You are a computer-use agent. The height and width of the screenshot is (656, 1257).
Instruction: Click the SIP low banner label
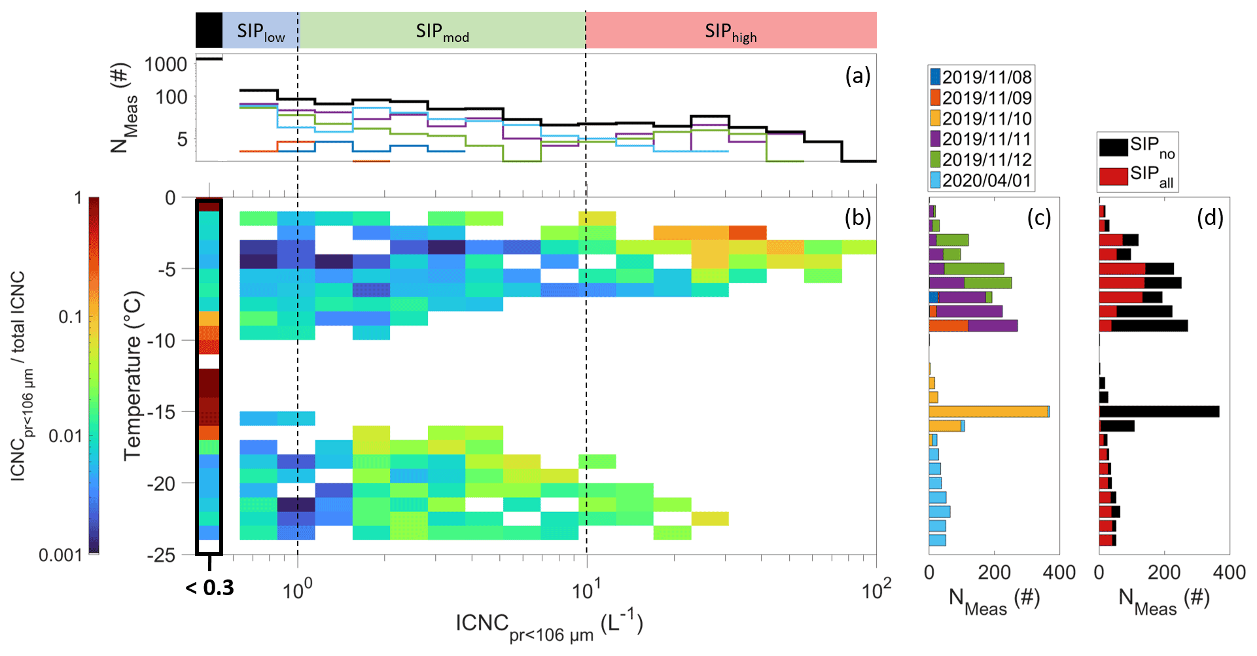coord(260,31)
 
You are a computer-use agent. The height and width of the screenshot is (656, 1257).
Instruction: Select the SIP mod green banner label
coord(442,31)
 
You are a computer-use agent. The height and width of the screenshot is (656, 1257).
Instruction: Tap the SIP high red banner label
coord(730,31)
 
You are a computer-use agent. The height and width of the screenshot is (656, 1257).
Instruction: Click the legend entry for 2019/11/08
coord(980,77)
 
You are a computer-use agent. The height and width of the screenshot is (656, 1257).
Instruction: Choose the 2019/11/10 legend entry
coord(980,118)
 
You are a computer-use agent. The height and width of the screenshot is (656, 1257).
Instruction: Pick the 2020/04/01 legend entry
coord(980,181)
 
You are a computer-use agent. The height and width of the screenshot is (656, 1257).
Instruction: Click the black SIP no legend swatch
coord(1112,147)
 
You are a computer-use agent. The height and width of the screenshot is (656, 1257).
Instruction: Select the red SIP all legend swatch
coord(1112,176)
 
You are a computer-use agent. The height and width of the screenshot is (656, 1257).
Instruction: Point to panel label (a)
coord(858,76)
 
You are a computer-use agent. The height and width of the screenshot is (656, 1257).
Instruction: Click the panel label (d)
coord(1210,218)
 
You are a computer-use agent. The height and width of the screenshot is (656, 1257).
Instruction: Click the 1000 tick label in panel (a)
coord(166,64)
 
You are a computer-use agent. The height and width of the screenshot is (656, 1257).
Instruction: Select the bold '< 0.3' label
coord(209,588)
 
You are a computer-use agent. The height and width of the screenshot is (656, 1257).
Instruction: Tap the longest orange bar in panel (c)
coord(988,411)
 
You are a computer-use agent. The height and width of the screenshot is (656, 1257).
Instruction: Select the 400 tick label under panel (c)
coord(1059,573)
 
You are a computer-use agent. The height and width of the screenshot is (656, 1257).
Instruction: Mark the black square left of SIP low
coord(209,30)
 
